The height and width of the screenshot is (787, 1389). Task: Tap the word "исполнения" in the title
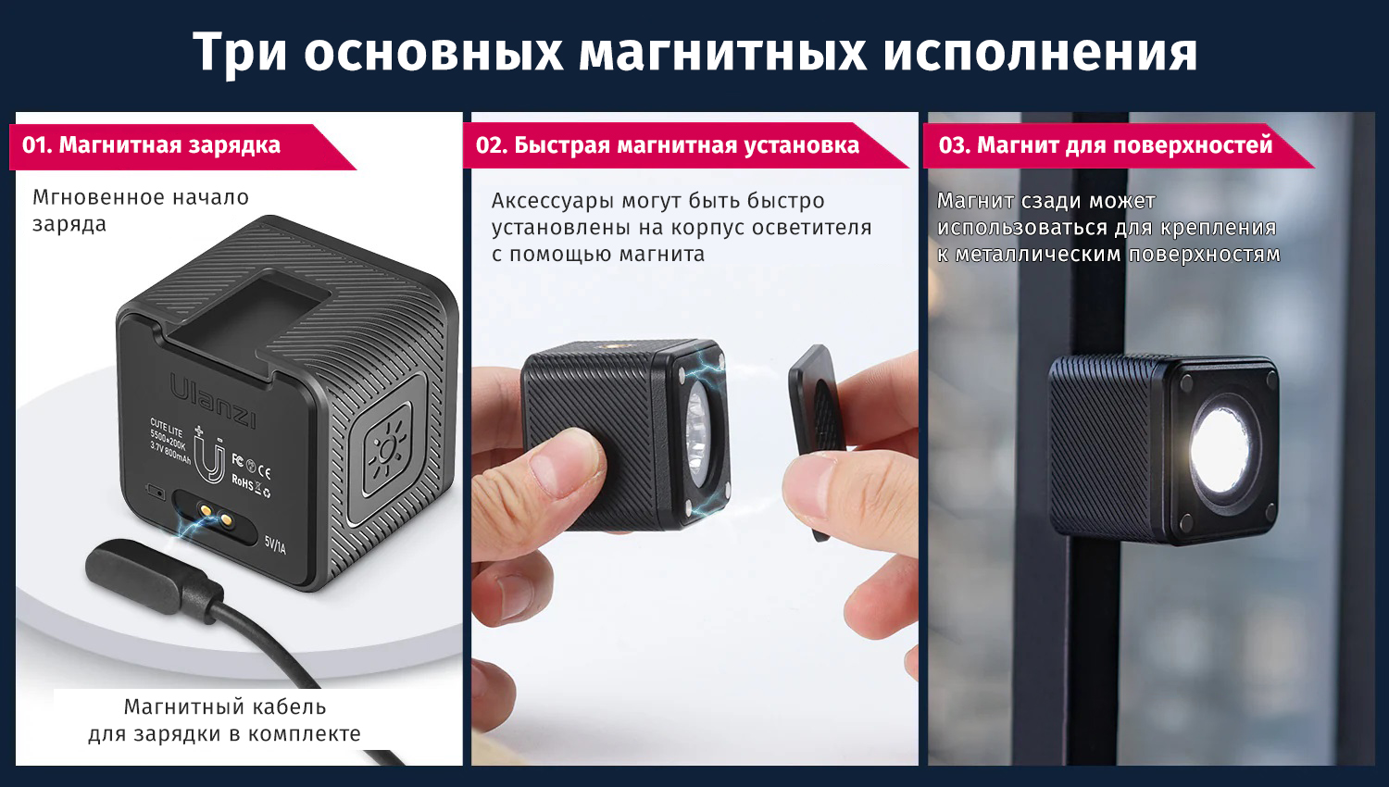1040,52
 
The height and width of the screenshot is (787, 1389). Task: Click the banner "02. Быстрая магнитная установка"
685,145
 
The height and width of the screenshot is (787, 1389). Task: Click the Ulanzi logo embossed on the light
212,401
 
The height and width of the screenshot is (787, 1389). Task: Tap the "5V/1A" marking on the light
275,544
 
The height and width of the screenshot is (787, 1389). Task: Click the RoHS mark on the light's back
242,481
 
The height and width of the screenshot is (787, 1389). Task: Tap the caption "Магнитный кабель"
224,706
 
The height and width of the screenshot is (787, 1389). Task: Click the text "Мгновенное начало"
140,197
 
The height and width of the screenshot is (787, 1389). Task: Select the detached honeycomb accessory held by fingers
816,441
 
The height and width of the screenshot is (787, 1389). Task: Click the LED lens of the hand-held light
699,435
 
